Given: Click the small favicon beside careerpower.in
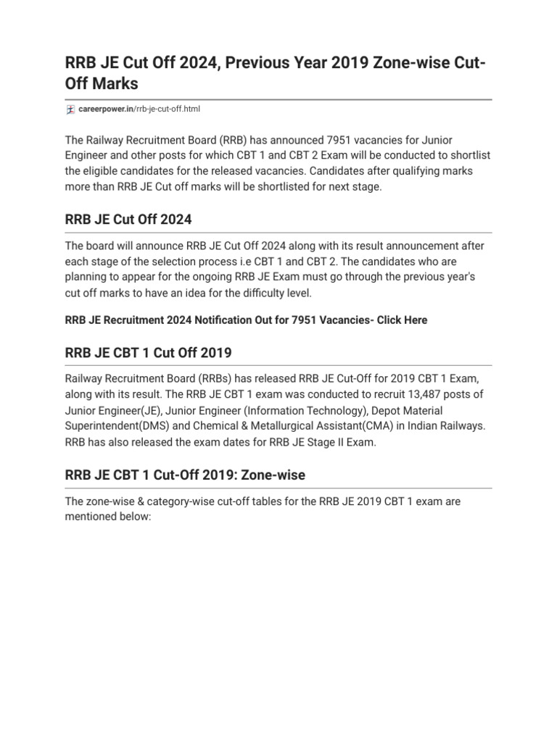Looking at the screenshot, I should click(x=70, y=109).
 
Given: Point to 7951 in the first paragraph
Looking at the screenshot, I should click(x=341, y=139).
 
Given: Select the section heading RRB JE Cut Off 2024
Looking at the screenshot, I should click(x=128, y=219).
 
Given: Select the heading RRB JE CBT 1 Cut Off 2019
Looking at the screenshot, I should click(x=149, y=353).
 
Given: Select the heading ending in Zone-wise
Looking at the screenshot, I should click(x=186, y=475).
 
